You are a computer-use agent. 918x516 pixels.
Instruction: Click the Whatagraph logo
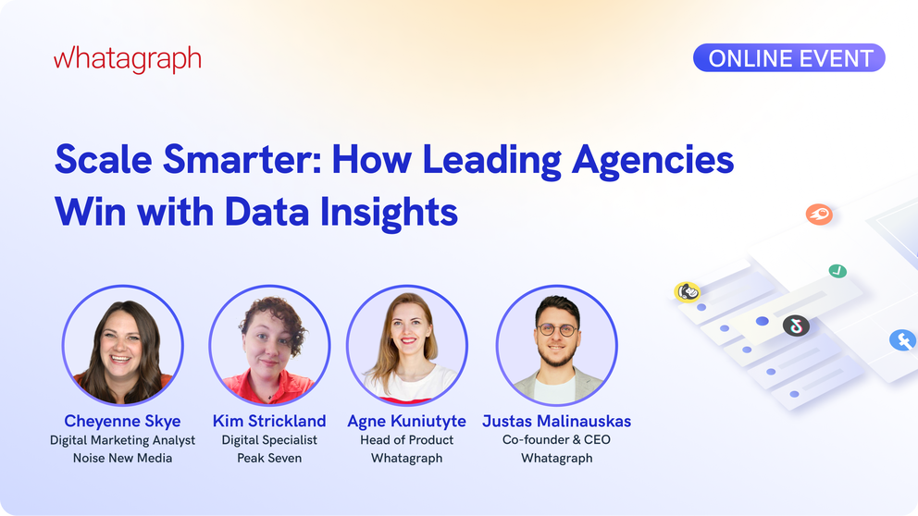[x=127, y=59]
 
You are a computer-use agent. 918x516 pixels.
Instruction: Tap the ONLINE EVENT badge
[x=789, y=58]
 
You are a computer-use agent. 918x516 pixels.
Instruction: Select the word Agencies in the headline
[x=652, y=160]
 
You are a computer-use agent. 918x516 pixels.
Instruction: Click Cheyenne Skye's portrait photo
[x=122, y=345]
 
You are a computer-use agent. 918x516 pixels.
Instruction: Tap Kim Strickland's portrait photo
[x=268, y=345]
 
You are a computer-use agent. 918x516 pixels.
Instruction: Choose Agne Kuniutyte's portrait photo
[x=407, y=345]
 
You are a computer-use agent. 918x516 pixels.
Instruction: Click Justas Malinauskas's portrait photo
[x=556, y=345]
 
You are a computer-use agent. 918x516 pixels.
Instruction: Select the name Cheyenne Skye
[x=122, y=421]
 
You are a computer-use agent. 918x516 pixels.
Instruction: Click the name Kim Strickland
[x=269, y=421]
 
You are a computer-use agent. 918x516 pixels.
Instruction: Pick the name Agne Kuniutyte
[x=407, y=421]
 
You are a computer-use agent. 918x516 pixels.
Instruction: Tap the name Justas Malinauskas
[x=556, y=421]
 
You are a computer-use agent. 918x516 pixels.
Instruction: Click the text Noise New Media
[x=122, y=458]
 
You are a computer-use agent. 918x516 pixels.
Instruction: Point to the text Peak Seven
[x=269, y=458]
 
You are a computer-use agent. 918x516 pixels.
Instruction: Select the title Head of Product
[x=407, y=439]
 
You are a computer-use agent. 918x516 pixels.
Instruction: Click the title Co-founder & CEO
[x=556, y=439]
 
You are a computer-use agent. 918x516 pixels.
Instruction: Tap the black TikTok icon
[x=796, y=326]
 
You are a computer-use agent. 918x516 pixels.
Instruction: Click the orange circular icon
[x=819, y=215]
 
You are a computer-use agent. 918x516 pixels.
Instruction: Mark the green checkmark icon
[x=837, y=271]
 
